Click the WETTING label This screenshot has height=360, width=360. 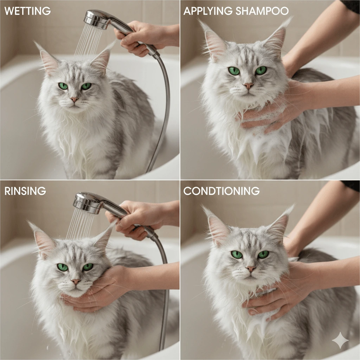(27, 11)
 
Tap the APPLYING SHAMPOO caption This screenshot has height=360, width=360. (236, 11)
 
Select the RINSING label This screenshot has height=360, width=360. (25, 191)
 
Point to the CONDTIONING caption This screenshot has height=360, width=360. (221, 191)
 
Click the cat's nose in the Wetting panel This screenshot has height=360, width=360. (74, 99)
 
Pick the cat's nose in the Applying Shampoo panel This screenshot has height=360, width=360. (248, 85)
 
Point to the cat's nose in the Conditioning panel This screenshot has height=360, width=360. (250, 269)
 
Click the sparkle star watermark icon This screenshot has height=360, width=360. (340, 340)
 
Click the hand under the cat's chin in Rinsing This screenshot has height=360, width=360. (102, 288)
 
